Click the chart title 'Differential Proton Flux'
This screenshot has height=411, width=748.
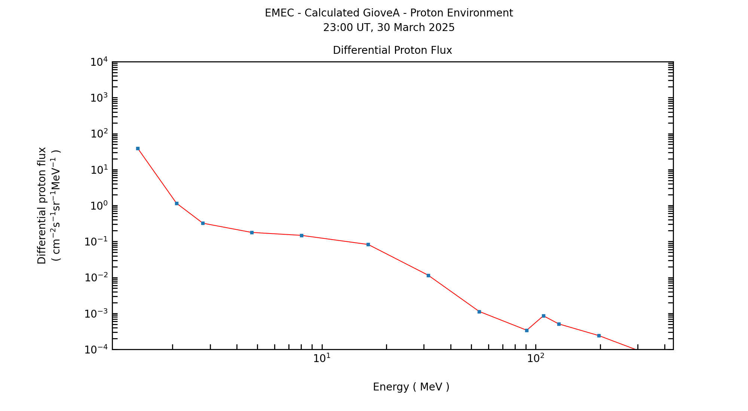[392, 50]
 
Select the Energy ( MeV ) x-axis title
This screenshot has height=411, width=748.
[411, 387]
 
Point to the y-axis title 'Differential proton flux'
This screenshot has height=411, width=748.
[42, 205]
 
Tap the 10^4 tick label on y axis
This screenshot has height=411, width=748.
[99, 62]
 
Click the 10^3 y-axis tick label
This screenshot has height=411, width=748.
[99, 98]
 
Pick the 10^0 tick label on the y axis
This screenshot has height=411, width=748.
[99, 206]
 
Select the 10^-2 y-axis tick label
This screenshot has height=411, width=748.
[96, 278]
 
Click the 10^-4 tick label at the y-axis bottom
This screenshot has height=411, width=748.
[96, 350]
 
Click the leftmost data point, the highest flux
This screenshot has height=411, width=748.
[138, 148]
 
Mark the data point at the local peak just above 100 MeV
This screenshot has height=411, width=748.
[543, 316]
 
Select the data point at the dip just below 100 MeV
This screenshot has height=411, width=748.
[527, 330]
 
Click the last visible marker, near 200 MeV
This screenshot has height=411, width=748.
[599, 336]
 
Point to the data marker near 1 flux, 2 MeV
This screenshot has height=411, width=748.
[177, 203]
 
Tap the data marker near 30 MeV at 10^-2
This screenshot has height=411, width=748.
[428, 275]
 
